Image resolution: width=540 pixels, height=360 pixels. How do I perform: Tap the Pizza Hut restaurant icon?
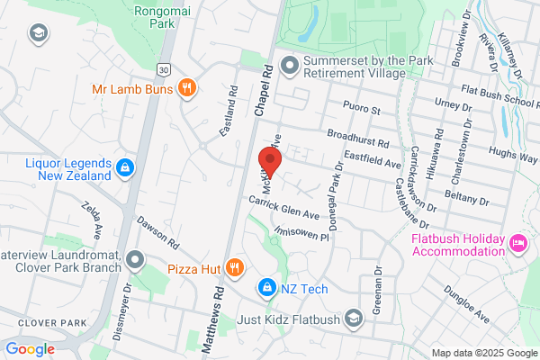coord(234,267)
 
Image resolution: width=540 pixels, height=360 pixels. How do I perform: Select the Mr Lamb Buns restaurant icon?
coord(187,88)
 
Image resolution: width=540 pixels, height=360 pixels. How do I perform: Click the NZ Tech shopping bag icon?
coord(266,288)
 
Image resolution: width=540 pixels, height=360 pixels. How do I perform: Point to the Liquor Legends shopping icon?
coord(126,166)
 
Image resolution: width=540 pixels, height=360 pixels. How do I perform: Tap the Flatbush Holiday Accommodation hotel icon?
coord(517,244)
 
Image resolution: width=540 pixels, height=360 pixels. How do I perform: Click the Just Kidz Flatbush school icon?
coord(355,319)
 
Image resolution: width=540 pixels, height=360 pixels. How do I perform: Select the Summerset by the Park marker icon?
coord(289,65)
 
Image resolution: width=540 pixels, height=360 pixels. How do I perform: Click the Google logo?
coord(30,348)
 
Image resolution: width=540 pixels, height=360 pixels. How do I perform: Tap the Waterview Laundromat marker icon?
coord(136,260)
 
